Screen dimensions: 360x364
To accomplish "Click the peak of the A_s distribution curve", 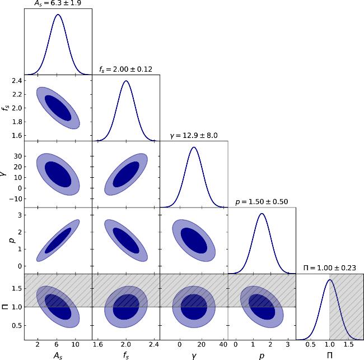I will point(58,15).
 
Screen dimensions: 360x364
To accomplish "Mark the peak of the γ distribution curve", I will point(194,147).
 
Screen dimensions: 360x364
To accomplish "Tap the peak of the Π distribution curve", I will point(329,280).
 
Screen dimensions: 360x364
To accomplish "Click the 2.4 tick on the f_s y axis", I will point(16,81).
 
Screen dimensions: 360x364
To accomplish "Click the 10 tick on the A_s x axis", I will point(75,345).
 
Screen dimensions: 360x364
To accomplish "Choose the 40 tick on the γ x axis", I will point(223,345).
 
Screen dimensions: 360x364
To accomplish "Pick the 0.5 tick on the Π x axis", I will point(309,345).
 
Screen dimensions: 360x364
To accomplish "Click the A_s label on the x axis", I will point(58,356).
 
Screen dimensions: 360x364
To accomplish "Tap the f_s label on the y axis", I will point(6,107).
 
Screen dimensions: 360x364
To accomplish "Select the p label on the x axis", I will point(262,356).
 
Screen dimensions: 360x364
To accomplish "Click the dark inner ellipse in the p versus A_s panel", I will point(58,241).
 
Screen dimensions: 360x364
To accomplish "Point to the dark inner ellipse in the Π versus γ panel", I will point(194,307).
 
